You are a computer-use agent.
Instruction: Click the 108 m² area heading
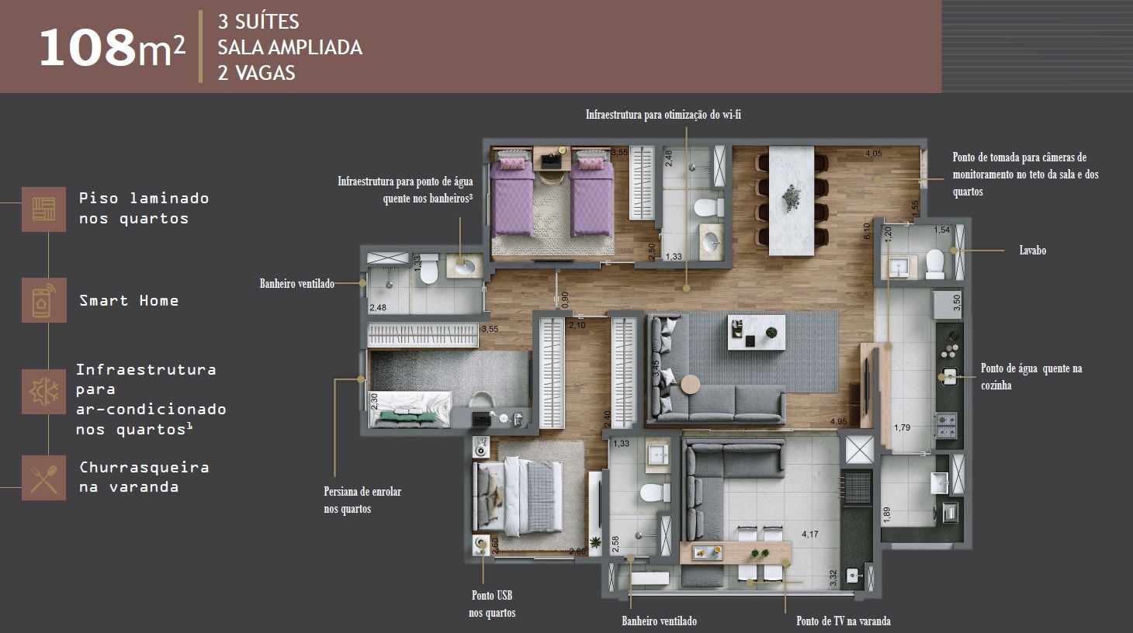pyautogui.click(x=112, y=47)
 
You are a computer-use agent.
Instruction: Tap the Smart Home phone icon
pyautogui.click(x=44, y=300)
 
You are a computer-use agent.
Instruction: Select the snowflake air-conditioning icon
pyautogui.click(x=44, y=392)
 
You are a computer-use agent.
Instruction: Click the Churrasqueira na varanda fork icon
pyautogui.click(x=44, y=478)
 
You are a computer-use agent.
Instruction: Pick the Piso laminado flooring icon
pyautogui.click(x=44, y=209)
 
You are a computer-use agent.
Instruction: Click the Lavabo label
pyautogui.click(x=1032, y=251)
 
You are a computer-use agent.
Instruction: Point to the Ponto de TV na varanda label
pyautogui.click(x=844, y=621)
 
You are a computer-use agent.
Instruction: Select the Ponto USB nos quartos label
pyautogui.click(x=492, y=604)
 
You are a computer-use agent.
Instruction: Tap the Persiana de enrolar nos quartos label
pyautogui.click(x=362, y=500)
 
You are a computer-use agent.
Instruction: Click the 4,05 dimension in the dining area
pyautogui.click(x=874, y=154)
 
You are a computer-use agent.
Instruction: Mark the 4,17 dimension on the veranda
pyautogui.click(x=810, y=534)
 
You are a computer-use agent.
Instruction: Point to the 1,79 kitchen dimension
pyautogui.click(x=902, y=427)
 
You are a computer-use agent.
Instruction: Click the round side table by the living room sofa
pyautogui.click(x=691, y=384)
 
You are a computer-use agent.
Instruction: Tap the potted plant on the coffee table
pyautogui.click(x=771, y=332)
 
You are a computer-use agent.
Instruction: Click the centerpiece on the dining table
pyautogui.click(x=791, y=197)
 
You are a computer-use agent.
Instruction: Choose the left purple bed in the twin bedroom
pyautogui.click(x=512, y=196)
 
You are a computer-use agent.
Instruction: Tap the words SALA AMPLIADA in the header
pyautogui.click(x=289, y=47)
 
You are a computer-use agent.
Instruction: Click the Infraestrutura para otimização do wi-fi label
pyautogui.click(x=663, y=115)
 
